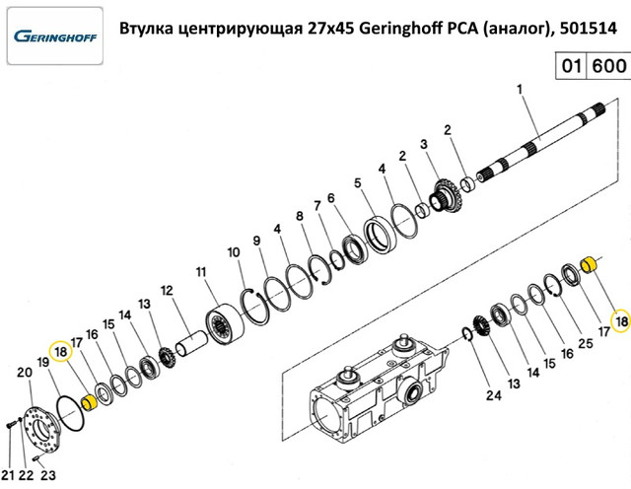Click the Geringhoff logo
point(55,36)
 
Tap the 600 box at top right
point(609,65)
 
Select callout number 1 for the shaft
point(520,89)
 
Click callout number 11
point(201,272)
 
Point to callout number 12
point(167,290)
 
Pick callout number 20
point(24,373)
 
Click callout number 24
point(493,395)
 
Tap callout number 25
point(585,343)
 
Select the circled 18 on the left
point(60,352)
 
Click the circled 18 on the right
point(621,321)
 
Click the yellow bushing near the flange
point(89,402)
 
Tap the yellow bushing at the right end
point(590,264)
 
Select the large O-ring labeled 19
point(71,414)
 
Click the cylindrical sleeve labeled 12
point(191,343)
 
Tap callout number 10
point(234,252)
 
